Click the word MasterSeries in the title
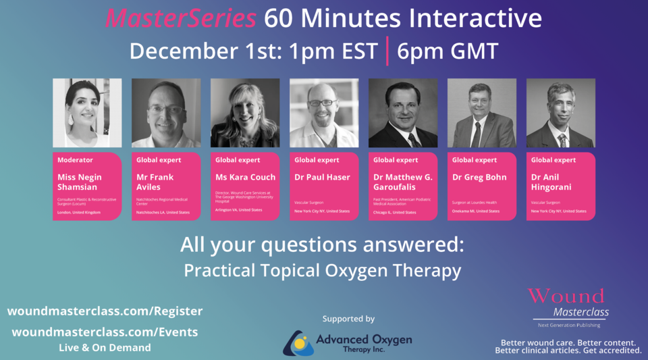180,19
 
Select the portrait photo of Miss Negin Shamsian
87,113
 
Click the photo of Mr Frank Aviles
166,113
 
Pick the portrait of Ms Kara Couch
245,113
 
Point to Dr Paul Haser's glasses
323,103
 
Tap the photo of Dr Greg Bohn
482,113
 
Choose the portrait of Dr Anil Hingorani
561,113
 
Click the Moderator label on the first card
76,160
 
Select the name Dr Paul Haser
322,177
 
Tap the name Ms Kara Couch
246,177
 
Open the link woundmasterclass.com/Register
105,311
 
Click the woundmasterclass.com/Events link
105,332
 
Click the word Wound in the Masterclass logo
566,296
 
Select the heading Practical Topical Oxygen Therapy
323,271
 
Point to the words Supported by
348,318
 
